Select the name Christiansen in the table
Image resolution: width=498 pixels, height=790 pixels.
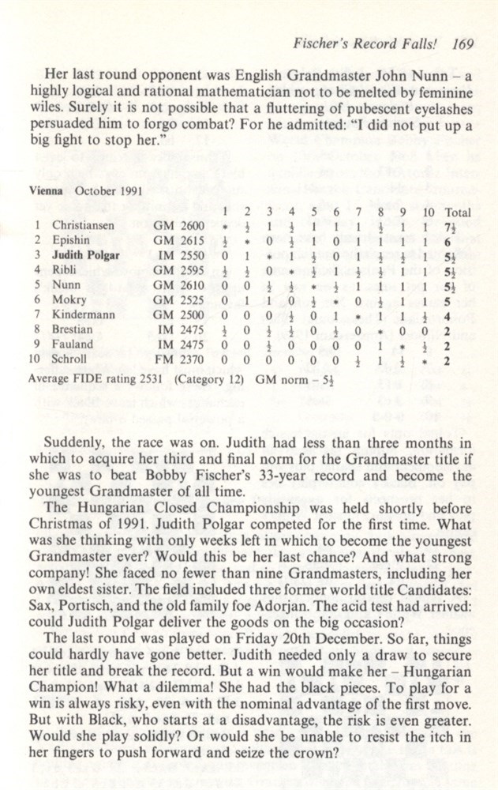point(83,225)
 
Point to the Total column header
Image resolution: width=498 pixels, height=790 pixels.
point(458,212)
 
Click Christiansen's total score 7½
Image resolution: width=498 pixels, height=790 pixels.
point(458,226)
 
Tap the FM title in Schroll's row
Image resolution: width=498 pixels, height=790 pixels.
point(163,359)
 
